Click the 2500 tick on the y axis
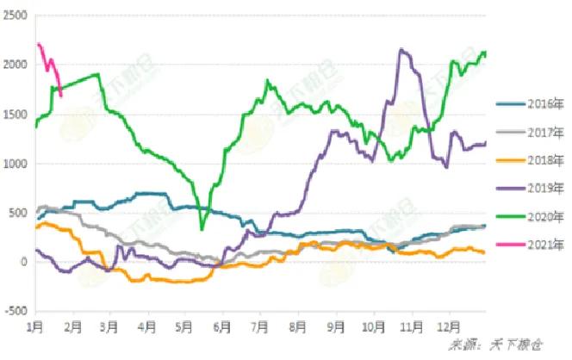15,16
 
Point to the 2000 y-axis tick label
15,65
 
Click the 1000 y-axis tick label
15,164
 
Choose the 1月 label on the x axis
35,329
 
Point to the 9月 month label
336,329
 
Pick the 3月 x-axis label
109,329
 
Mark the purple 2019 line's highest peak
402,49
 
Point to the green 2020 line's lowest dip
202,228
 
